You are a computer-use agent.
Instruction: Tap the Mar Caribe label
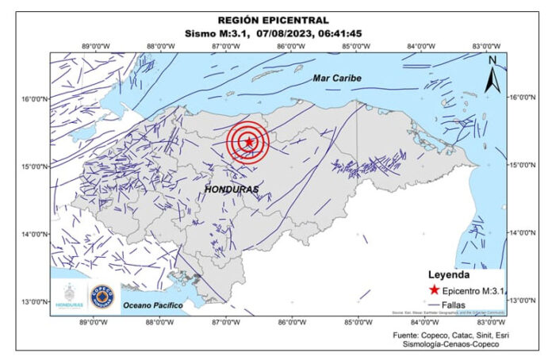[336, 78]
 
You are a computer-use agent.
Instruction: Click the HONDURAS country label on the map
[232, 190]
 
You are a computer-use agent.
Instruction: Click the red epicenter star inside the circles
[249, 142]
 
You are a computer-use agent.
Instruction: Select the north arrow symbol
[493, 73]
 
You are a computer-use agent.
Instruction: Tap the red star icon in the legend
[434, 290]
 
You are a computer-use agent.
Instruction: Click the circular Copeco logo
[102, 296]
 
